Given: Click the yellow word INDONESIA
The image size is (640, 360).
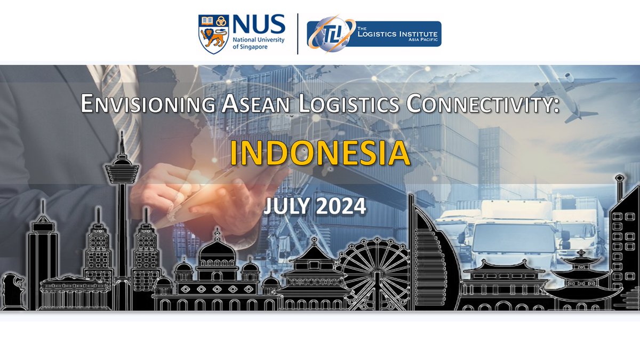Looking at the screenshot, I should point(320,154).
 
